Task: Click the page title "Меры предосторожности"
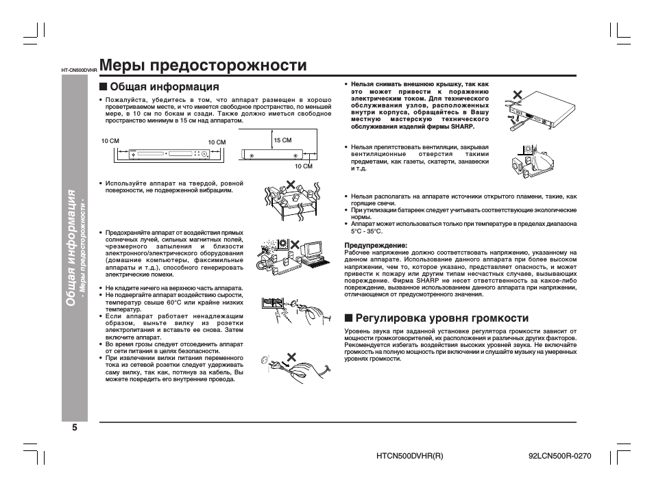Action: (203, 66)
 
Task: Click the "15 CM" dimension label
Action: (282, 140)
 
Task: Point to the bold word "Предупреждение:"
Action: (375, 245)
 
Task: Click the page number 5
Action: (74, 428)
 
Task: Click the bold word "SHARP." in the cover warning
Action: (461, 127)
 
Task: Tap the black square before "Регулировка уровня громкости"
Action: (349, 318)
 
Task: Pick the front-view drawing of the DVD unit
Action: (164, 153)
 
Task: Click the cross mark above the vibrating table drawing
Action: (292, 185)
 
